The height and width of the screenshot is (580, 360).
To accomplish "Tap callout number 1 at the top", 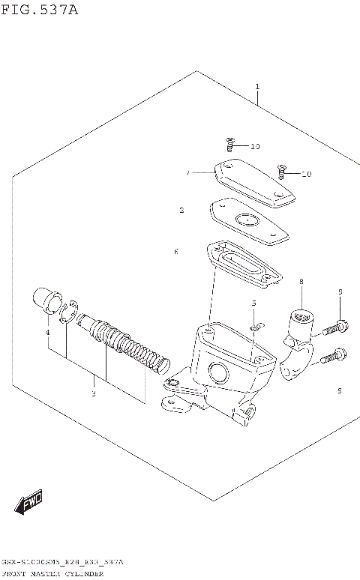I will click(257, 87).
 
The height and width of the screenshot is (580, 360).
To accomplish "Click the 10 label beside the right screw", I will click(306, 175).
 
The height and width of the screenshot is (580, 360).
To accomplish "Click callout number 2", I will click(181, 211).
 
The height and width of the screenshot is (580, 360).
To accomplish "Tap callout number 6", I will click(176, 252).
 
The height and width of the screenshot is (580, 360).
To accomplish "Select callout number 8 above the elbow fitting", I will click(301, 282).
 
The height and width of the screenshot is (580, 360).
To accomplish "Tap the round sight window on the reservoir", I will click(219, 370).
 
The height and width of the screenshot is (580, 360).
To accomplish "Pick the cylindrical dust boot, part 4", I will click(47, 301).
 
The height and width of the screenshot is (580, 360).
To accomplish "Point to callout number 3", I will click(93, 393).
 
